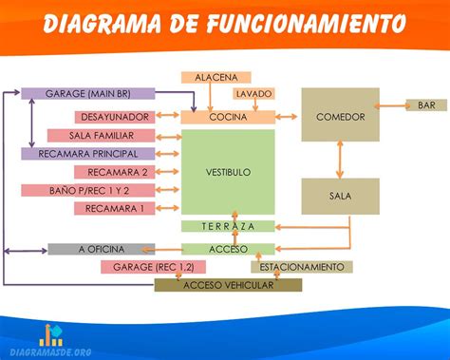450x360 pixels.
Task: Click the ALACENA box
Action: (216, 77)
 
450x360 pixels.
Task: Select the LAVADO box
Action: (253, 95)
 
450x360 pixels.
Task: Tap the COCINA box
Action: (228, 117)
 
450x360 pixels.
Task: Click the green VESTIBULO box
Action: (228, 172)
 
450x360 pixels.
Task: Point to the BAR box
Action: (426, 104)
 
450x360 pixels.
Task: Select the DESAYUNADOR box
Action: (113, 117)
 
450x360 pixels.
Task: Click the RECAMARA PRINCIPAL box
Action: (87, 154)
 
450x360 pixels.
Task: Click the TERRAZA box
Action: (228, 226)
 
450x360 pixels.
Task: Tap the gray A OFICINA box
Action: (101, 249)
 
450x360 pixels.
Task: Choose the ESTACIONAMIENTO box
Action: (302, 267)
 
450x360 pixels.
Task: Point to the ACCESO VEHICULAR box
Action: (228, 285)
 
